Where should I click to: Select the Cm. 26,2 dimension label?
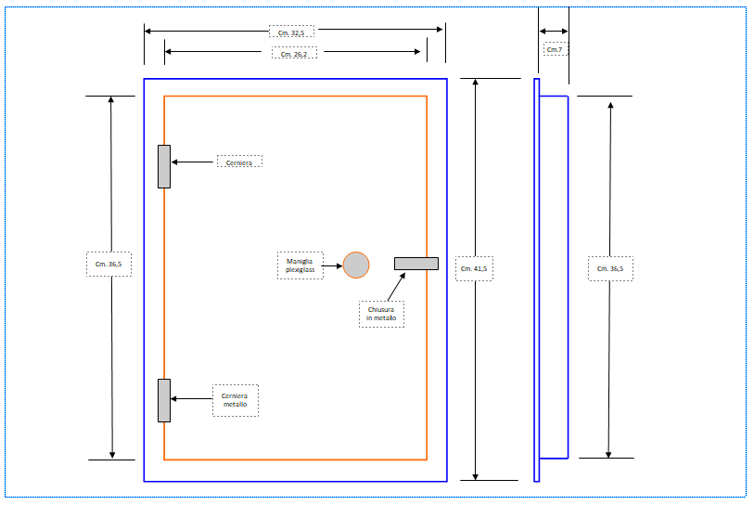point(295,53)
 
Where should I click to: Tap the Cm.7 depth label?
point(555,48)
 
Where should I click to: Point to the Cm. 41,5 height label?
point(474,268)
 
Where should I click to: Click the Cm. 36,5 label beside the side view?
point(610,268)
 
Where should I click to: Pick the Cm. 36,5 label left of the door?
point(109,265)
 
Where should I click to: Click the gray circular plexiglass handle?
point(356,265)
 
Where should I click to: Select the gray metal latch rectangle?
point(415,264)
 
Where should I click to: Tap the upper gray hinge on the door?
point(164,166)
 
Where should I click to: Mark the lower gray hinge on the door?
point(164,400)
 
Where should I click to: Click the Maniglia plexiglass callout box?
point(300,265)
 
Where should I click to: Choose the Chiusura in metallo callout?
point(381,314)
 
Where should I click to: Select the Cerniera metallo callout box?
point(235,400)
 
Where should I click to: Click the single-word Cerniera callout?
point(239,162)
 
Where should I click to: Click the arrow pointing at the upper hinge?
point(193,162)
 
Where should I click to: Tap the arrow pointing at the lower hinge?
point(191,399)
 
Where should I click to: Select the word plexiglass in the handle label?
point(300,269)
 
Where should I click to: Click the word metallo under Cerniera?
point(235,405)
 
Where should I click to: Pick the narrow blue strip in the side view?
point(537,278)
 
